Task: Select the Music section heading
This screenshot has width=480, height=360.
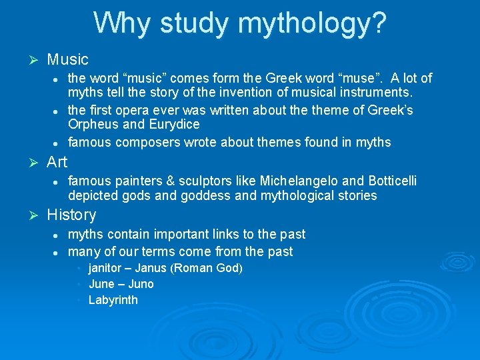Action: coord(67,60)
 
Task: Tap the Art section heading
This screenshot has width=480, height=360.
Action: coord(57,162)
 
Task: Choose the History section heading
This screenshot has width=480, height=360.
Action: coord(71,215)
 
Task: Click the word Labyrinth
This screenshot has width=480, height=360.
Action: coord(113,300)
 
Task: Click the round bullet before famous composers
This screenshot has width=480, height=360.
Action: coord(58,143)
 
